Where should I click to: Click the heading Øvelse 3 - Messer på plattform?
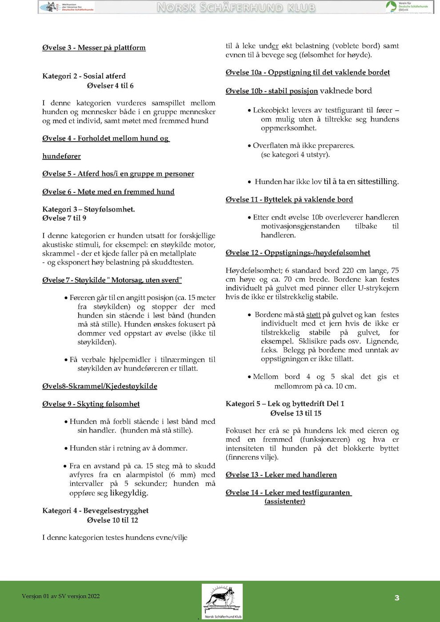[94, 48]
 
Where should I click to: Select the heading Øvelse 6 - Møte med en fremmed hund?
[108, 191]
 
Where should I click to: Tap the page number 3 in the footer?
[397, 598]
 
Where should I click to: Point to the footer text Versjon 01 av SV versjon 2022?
[60, 596]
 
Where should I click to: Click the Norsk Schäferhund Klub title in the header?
[236, 8]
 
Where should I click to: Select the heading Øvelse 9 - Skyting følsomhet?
[91, 404]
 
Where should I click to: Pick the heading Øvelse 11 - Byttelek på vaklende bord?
[289, 199]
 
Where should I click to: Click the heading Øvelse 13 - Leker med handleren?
[281, 474]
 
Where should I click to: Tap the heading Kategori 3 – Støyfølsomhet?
[88, 209]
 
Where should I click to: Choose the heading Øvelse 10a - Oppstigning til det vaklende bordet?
[308, 72]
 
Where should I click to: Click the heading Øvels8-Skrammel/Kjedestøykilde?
[100, 386]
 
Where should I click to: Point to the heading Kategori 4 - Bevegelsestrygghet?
[95, 510]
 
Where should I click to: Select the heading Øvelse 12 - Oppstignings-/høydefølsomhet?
[298, 252]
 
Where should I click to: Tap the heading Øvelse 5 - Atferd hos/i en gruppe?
[118, 174]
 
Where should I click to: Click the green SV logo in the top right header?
[391, 6]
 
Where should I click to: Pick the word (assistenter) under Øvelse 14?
[284, 501]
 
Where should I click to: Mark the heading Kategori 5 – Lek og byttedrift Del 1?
[285, 403]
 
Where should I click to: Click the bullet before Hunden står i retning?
[66, 448]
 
